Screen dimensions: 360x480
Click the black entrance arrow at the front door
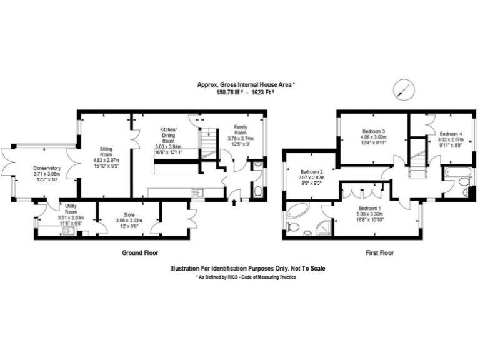click(x=234, y=202)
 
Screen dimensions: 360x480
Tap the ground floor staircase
click(x=207, y=146)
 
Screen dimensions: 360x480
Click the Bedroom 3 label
click(x=374, y=131)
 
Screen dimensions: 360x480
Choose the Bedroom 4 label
click(x=450, y=134)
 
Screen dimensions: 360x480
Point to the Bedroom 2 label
click(x=311, y=172)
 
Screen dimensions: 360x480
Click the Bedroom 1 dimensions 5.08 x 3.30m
click(x=374, y=214)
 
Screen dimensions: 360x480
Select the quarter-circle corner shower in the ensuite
click(x=325, y=228)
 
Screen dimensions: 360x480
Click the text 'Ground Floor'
click(x=139, y=253)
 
